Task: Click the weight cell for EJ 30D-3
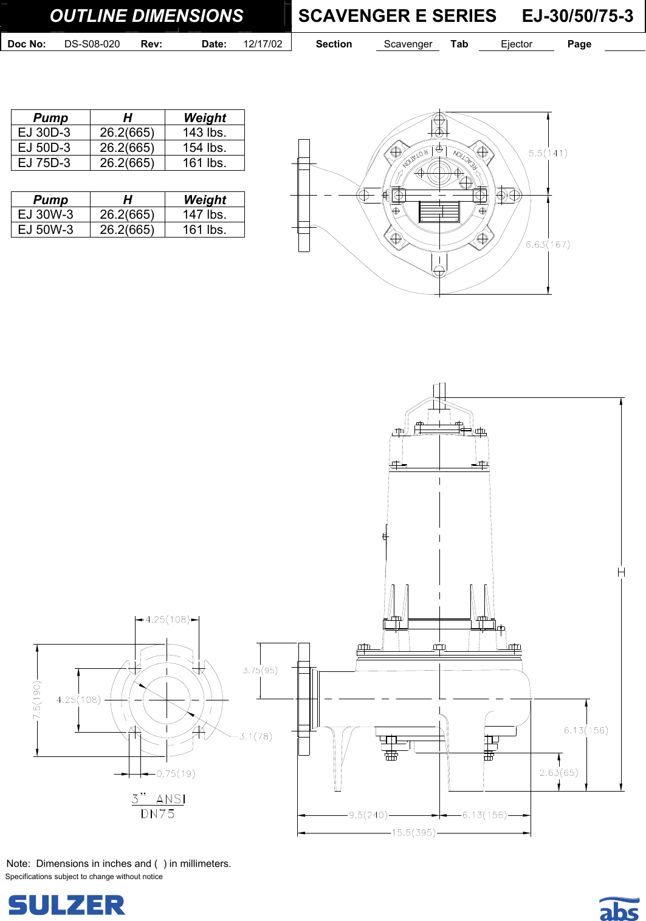click(204, 132)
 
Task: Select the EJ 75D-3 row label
click(44, 163)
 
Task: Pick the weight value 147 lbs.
click(204, 214)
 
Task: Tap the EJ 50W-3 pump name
click(46, 230)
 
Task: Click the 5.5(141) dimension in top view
click(548, 153)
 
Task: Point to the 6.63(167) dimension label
click(548, 244)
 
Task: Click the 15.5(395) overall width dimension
click(413, 832)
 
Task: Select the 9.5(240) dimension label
click(368, 815)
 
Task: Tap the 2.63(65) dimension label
click(558, 772)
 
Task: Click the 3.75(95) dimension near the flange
click(260, 670)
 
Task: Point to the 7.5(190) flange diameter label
click(37, 700)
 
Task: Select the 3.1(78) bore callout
click(255, 736)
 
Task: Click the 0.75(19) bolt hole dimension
click(176, 773)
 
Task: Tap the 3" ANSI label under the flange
click(158, 799)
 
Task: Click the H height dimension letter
click(621, 572)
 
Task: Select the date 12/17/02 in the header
click(263, 44)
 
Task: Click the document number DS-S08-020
click(92, 44)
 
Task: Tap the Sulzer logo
click(66, 905)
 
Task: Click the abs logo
click(619, 909)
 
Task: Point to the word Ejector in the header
click(516, 44)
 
